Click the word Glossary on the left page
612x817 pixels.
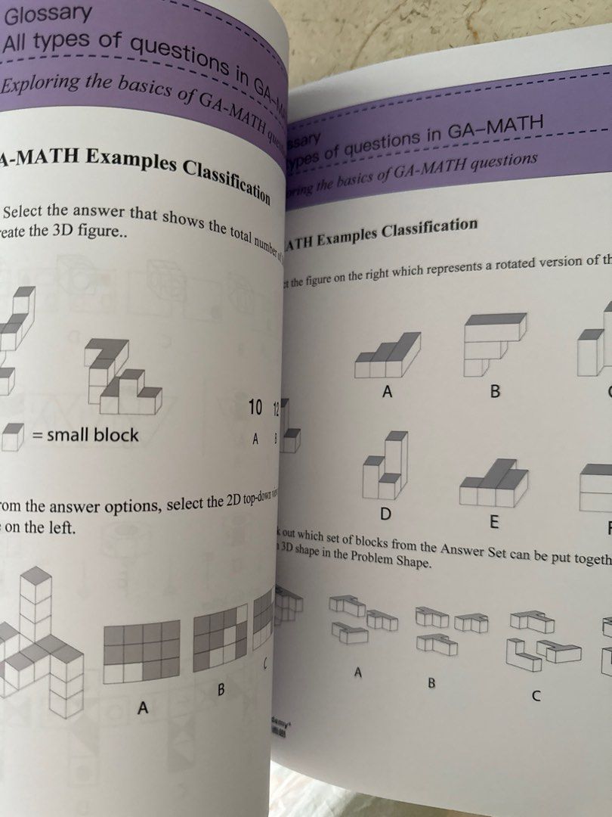(48, 14)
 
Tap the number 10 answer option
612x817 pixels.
(255, 408)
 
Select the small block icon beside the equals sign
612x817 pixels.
(12, 436)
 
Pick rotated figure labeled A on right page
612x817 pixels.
(388, 355)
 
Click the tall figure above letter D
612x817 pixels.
(386, 467)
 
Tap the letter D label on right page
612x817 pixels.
(385, 514)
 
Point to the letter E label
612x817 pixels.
(495, 522)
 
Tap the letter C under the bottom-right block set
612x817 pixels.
(536, 696)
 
